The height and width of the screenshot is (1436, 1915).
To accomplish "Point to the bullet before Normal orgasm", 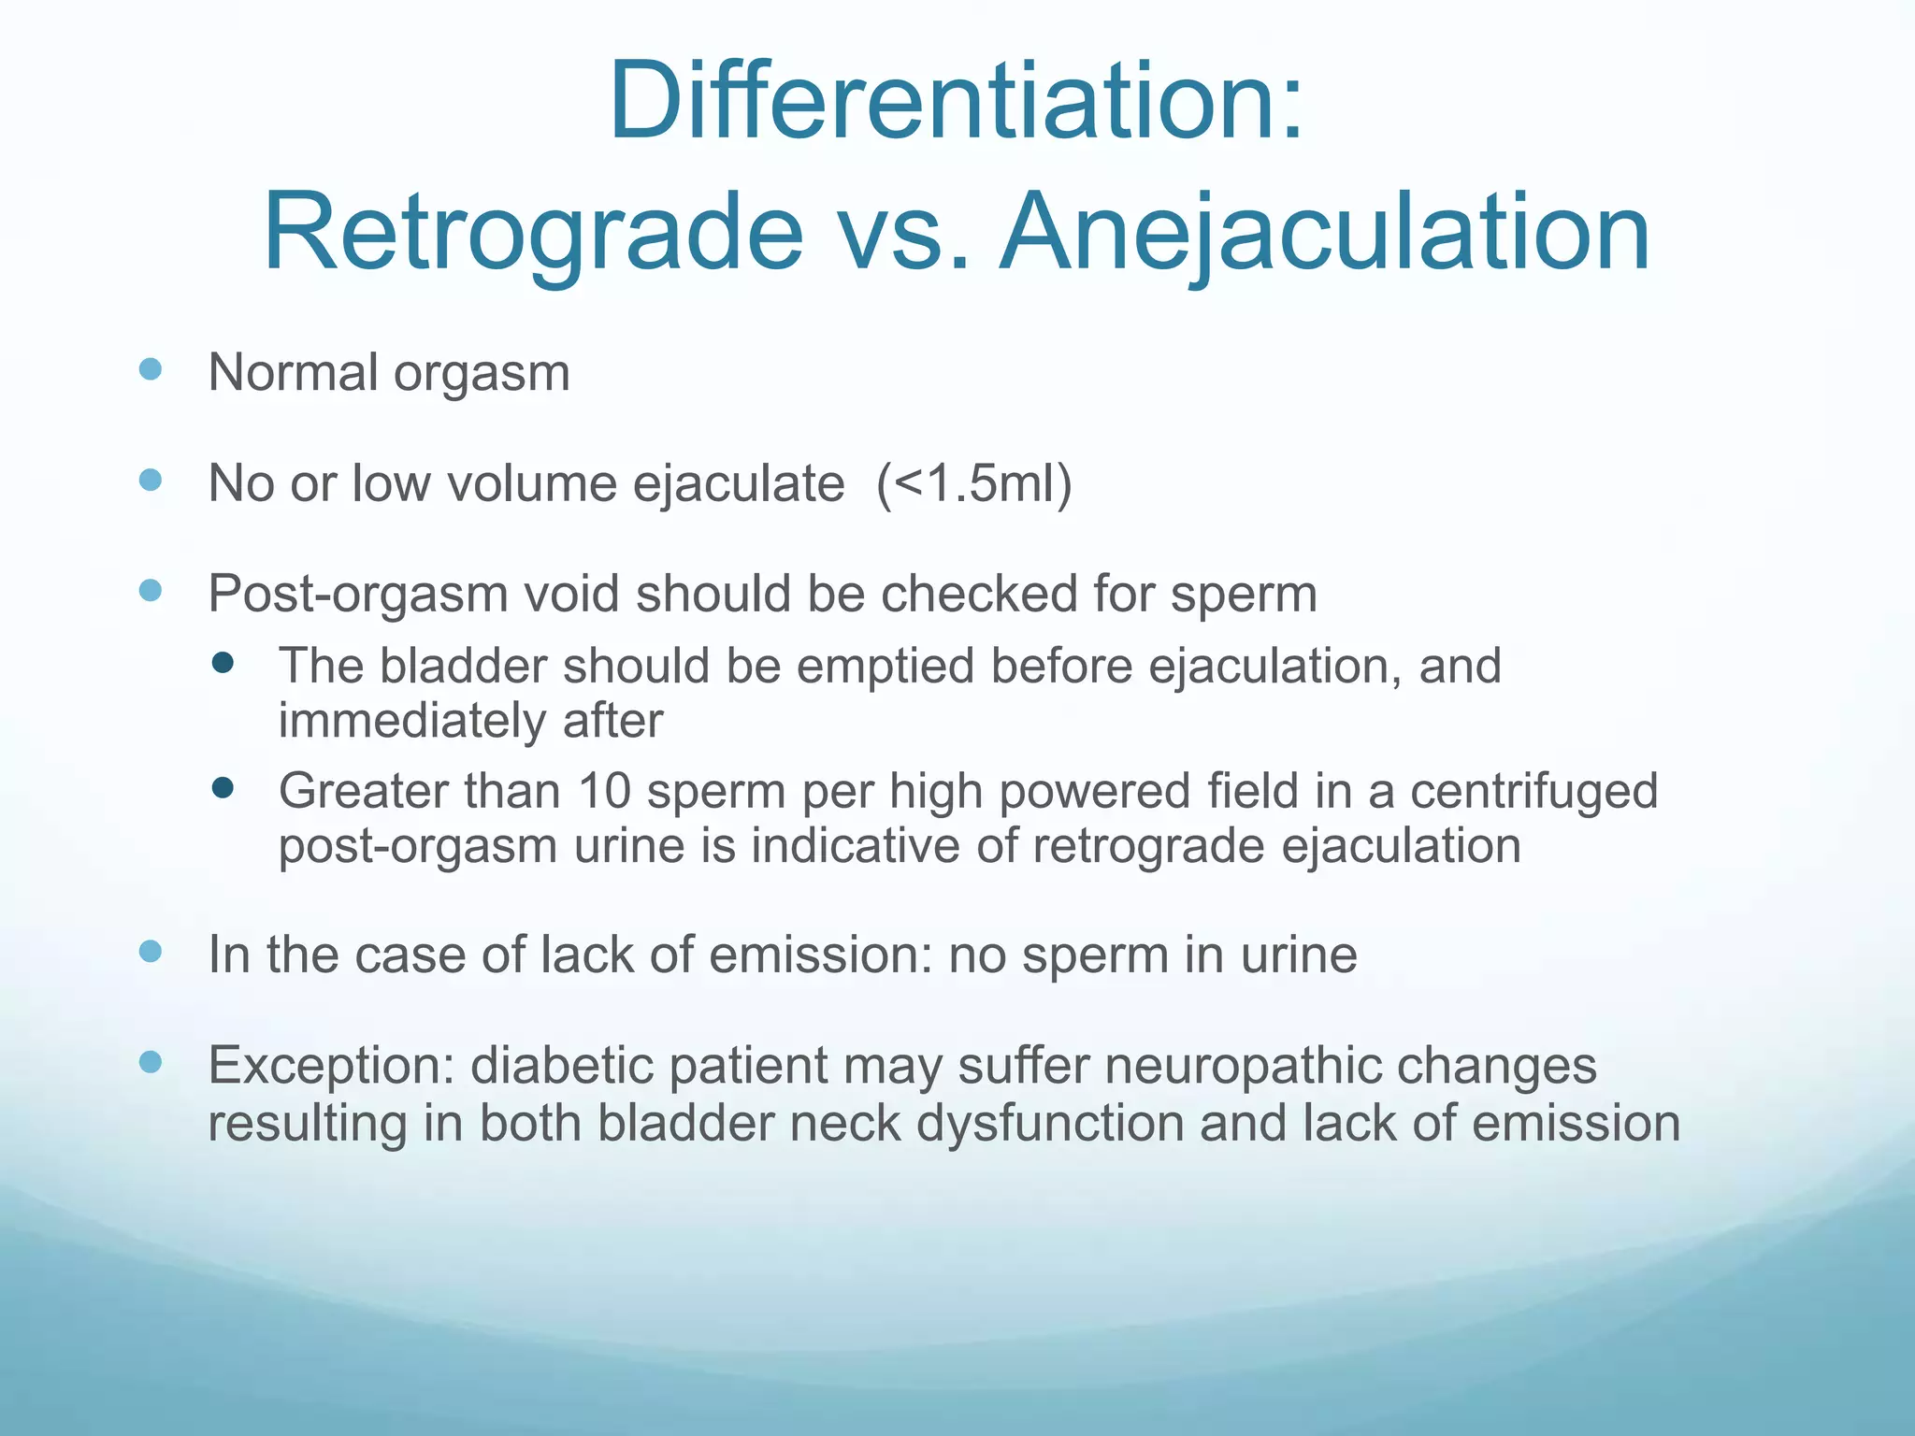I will coord(150,368).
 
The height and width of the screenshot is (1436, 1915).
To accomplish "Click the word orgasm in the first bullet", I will coord(481,374).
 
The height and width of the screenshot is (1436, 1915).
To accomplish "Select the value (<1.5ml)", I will coord(973,483).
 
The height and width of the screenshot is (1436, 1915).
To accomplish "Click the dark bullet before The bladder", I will coord(223,664).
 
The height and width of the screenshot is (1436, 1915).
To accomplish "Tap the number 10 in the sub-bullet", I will coord(604,791).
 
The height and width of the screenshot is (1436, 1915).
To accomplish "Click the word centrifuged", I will coord(1533,791).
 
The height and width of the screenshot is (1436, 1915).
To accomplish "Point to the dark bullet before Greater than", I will coord(223,788).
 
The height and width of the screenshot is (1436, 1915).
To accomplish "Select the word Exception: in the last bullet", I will coord(331,1066).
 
